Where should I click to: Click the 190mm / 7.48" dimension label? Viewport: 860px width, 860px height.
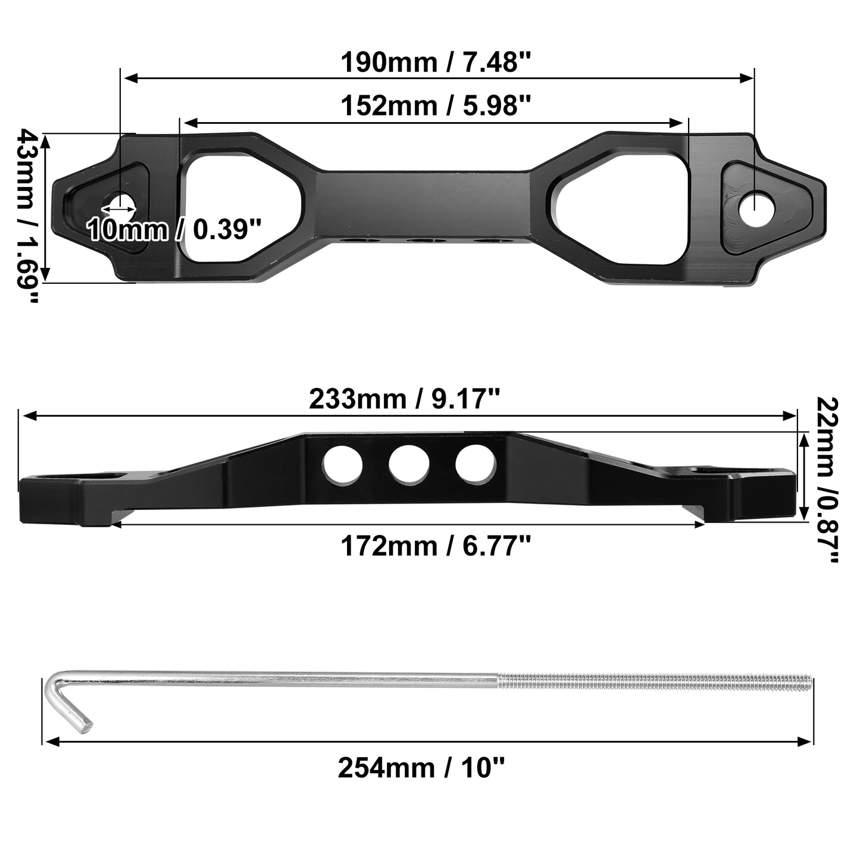click(x=436, y=63)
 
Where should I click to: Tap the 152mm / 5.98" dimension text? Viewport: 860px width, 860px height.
click(x=436, y=106)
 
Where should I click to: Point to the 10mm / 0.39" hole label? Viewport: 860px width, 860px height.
click(x=174, y=229)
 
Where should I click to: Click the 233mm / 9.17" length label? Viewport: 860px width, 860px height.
click(x=404, y=399)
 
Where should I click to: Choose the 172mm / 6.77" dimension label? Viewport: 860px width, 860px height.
click(x=436, y=546)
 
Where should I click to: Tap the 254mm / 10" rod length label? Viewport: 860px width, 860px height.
click(x=421, y=768)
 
